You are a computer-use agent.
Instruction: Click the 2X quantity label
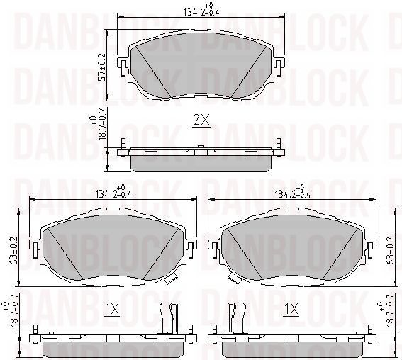[x=202, y=120]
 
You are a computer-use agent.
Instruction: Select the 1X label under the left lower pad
[x=112, y=310]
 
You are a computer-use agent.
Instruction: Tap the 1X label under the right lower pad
[x=291, y=310]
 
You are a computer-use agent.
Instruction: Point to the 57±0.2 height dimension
[x=102, y=65]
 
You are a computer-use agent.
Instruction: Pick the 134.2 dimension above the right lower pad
[x=290, y=193]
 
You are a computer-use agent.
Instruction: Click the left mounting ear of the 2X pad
[x=123, y=67]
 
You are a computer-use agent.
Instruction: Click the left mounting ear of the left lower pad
[x=34, y=247]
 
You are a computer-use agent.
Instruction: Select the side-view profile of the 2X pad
[x=201, y=157]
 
